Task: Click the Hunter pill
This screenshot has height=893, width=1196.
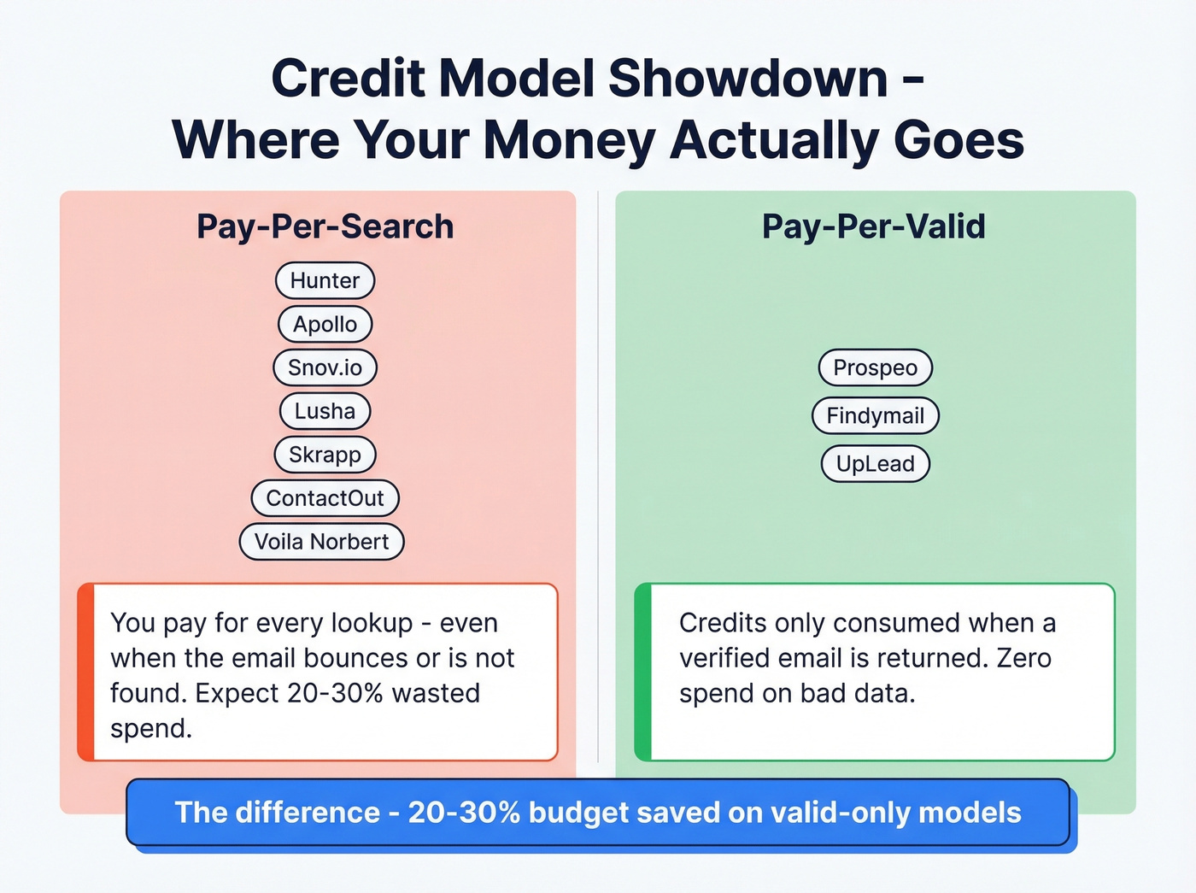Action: (x=325, y=280)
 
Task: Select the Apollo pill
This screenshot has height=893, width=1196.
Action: (x=325, y=324)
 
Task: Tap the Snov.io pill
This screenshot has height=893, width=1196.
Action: (x=325, y=367)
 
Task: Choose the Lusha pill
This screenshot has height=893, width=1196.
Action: (x=325, y=411)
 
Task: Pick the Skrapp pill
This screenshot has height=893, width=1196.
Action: (x=325, y=455)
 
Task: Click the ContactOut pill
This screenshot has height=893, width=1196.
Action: (x=325, y=498)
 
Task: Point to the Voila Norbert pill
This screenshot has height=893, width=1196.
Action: (x=321, y=542)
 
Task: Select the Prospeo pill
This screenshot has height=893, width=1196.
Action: (x=875, y=367)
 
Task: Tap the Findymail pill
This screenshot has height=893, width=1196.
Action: (x=875, y=415)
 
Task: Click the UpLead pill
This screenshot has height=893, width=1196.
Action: (x=875, y=463)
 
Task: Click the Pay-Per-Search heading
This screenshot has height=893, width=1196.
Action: (x=325, y=226)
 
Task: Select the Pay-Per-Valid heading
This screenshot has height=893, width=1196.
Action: (x=873, y=226)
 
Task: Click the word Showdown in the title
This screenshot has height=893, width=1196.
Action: (x=747, y=79)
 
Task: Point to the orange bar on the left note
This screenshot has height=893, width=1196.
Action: (x=85, y=672)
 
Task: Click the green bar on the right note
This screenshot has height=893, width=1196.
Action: (x=643, y=672)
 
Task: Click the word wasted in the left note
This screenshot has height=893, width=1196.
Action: (x=436, y=693)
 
